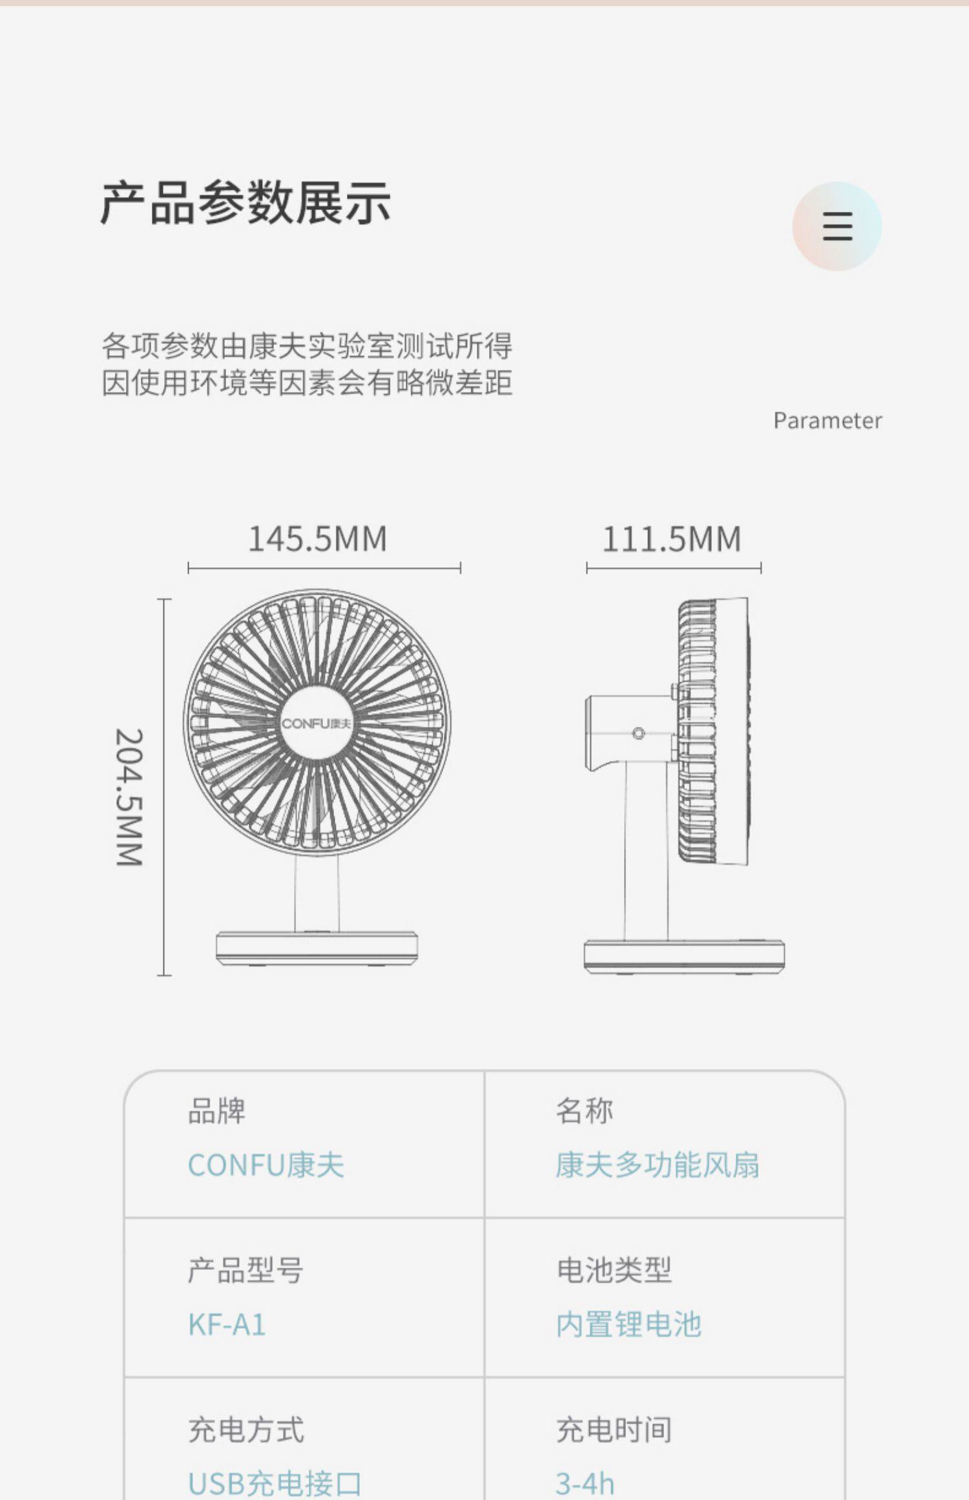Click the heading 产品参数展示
click(245, 203)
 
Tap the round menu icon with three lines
click(837, 226)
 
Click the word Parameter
click(828, 421)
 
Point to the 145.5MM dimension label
click(318, 539)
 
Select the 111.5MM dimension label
click(672, 539)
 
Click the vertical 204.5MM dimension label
click(129, 797)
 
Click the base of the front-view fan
click(317, 947)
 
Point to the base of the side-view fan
click(684, 955)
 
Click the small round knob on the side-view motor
click(638, 734)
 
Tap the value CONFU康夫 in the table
click(266, 1165)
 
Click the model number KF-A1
click(227, 1324)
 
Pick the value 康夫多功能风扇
click(657, 1165)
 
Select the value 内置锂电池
click(629, 1324)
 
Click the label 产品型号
click(245, 1270)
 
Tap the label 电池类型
click(614, 1270)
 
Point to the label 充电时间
click(614, 1430)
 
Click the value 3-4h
click(585, 1483)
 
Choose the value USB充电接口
click(275, 1483)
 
